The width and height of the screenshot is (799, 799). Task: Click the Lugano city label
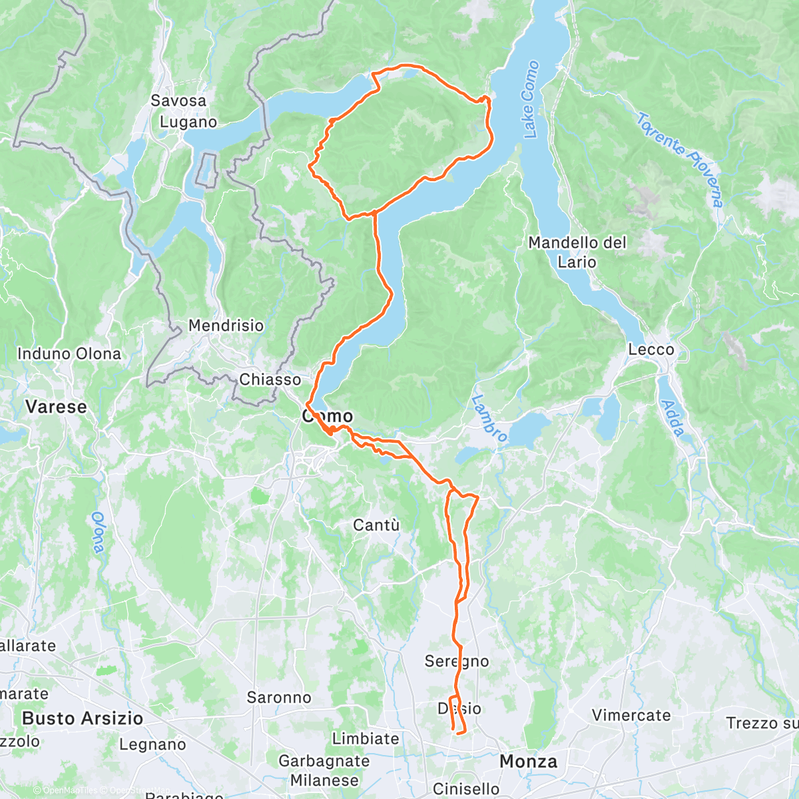(x=188, y=122)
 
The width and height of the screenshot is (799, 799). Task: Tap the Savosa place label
(x=178, y=101)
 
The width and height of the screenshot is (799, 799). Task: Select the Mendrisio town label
(x=226, y=326)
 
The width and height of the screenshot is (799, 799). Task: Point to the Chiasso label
(x=270, y=380)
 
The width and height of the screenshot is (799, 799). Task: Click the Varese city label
(x=56, y=407)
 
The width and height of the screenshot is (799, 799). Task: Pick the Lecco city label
(x=651, y=350)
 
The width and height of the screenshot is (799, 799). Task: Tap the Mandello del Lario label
(x=577, y=252)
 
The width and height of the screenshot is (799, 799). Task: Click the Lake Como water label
(x=531, y=100)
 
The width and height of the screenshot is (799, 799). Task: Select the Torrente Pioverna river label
(x=679, y=160)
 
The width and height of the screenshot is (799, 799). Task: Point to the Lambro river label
(x=489, y=418)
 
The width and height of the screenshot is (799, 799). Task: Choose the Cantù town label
(x=376, y=525)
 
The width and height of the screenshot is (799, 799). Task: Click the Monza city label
(x=529, y=761)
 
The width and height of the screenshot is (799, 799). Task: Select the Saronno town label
(x=279, y=698)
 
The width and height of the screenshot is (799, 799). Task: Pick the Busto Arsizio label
(x=83, y=718)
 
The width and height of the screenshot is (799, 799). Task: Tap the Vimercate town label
(x=631, y=716)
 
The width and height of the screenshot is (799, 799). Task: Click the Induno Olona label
(x=69, y=354)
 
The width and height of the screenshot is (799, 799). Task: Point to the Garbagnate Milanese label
(x=324, y=770)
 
